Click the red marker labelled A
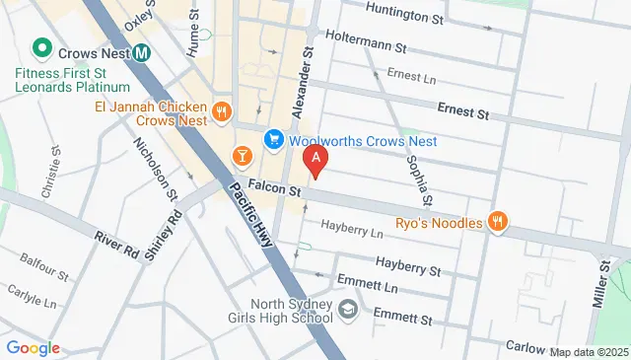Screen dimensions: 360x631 tap(315, 158)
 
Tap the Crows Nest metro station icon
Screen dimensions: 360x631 tap(142, 52)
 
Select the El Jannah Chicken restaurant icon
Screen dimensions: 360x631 tap(221, 111)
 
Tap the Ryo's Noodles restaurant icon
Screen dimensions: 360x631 tap(499, 222)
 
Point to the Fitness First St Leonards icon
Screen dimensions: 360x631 tap(41, 47)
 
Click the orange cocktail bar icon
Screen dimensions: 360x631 tap(241, 156)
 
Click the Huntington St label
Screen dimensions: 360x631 tap(404, 15)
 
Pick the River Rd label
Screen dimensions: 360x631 tap(117, 241)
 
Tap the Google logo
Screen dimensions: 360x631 tap(33, 347)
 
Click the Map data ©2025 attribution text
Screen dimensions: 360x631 tap(589, 352)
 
